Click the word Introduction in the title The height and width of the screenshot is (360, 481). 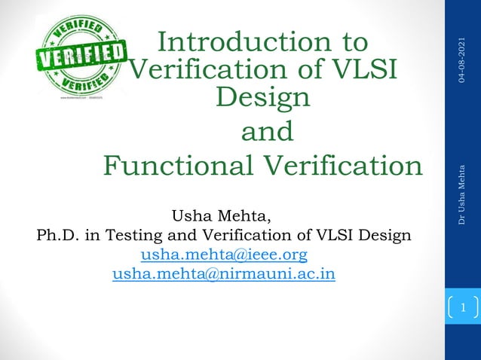(x=241, y=43)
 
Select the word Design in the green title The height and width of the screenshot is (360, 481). (x=263, y=98)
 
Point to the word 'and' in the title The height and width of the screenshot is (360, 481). (x=266, y=132)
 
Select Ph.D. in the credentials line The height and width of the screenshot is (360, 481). (x=57, y=235)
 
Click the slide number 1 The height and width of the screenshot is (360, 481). (x=464, y=307)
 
